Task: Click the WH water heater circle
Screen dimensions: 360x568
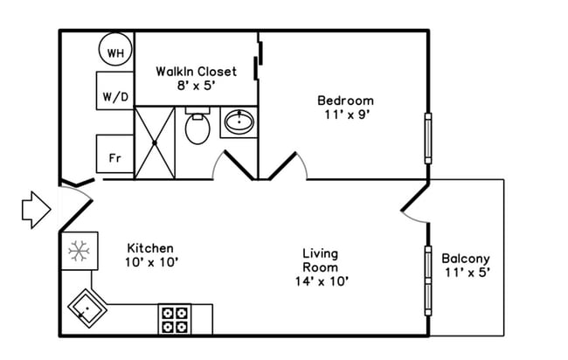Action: [x=114, y=52]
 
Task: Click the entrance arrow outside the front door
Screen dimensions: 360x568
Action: [x=37, y=210]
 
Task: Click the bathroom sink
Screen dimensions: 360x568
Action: [x=239, y=122]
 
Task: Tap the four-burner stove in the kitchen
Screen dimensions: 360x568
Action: [x=174, y=319]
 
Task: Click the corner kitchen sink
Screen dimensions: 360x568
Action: [x=87, y=308]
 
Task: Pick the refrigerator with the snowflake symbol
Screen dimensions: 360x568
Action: [x=79, y=252]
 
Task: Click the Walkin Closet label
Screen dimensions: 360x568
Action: [x=196, y=71]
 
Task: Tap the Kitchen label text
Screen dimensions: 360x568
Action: [x=150, y=248]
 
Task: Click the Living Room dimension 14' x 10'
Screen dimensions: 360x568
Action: [x=321, y=281]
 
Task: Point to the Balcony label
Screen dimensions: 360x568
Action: [x=465, y=259]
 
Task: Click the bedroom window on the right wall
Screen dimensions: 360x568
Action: [x=427, y=137]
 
